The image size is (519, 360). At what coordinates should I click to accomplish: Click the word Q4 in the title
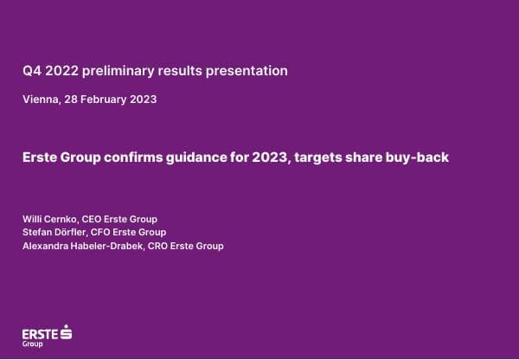tap(32, 70)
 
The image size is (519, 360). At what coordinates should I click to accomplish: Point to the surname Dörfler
tap(74, 232)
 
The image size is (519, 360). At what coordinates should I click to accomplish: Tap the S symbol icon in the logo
tap(67, 331)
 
